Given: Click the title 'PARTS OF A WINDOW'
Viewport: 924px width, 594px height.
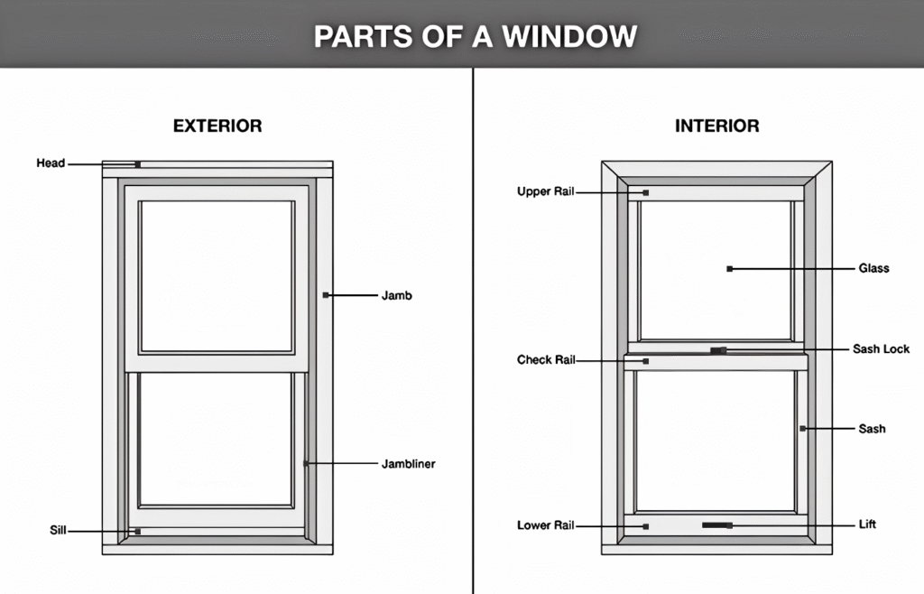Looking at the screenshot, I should tap(475, 36).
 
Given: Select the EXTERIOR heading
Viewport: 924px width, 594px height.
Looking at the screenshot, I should tap(217, 126).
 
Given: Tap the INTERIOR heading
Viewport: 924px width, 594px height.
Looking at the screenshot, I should tap(716, 126).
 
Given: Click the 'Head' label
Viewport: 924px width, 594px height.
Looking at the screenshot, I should tap(51, 163).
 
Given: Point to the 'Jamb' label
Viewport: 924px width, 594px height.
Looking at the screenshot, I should tap(396, 295).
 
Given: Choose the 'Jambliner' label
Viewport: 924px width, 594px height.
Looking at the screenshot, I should tap(408, 464).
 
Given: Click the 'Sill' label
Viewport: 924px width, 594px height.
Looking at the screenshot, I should tap(58, 530).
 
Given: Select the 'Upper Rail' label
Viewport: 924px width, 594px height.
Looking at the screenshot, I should tap(545, 191).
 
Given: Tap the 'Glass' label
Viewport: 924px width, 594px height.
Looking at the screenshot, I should tap(873, 268).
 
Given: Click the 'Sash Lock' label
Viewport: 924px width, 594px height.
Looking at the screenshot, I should tap(881, 349).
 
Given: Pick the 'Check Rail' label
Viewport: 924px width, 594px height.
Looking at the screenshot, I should tap(546, 360).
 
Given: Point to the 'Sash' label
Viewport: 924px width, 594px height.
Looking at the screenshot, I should tap(872, 429).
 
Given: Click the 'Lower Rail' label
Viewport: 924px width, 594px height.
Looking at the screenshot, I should tap(546, 525).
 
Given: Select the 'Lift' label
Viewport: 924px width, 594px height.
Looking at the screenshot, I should tap(867, 524).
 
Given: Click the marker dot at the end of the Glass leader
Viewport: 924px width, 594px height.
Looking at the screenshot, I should tap(729, 268).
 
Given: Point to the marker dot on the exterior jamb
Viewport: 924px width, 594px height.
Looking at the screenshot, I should tap(326, 295).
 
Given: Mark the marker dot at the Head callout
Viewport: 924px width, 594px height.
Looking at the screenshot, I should tap(137, 164).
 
